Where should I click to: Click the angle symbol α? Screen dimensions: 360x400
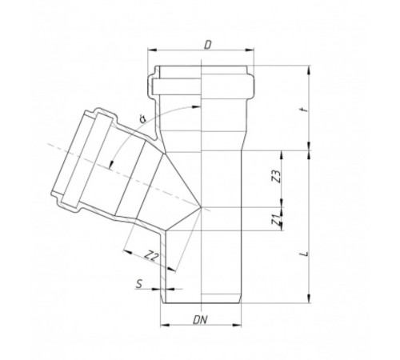coord(142,121)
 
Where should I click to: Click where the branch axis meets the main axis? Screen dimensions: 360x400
coord(203,208)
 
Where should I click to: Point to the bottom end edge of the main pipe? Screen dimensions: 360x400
coord(203,302)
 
